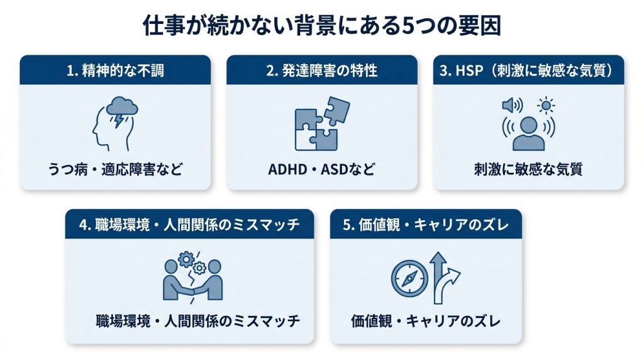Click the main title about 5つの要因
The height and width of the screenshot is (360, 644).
[x=322, y=26]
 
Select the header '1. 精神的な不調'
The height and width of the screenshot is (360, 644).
[x=116, y=70]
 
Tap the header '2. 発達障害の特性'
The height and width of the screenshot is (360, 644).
[x=321, y=70]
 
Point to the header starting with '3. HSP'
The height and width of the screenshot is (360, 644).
[x=528, y=70]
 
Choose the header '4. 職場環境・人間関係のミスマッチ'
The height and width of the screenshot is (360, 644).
[x=189, y=225]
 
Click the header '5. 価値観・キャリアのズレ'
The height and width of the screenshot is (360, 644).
[x=426, y=225]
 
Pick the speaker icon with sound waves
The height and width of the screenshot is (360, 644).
[x=512, y=106]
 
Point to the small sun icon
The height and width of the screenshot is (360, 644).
[x=546, y=106]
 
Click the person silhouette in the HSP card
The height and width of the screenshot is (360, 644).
[x=528, y=133]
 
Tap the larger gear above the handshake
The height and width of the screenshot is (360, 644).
[x=187, y=259]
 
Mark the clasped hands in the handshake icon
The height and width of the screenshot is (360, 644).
[x=192, y=291]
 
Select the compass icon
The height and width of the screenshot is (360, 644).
[x=409, y=279]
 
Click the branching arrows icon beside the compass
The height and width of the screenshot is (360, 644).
[x=445, y=278]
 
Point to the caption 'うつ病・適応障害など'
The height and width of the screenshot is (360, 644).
[x=116, y=169]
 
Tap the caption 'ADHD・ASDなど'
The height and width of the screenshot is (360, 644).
[x=321, y=169]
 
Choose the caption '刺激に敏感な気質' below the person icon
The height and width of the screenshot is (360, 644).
[x=528, y=169]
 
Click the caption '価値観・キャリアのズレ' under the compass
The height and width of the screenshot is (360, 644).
[x=426, y=321]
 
